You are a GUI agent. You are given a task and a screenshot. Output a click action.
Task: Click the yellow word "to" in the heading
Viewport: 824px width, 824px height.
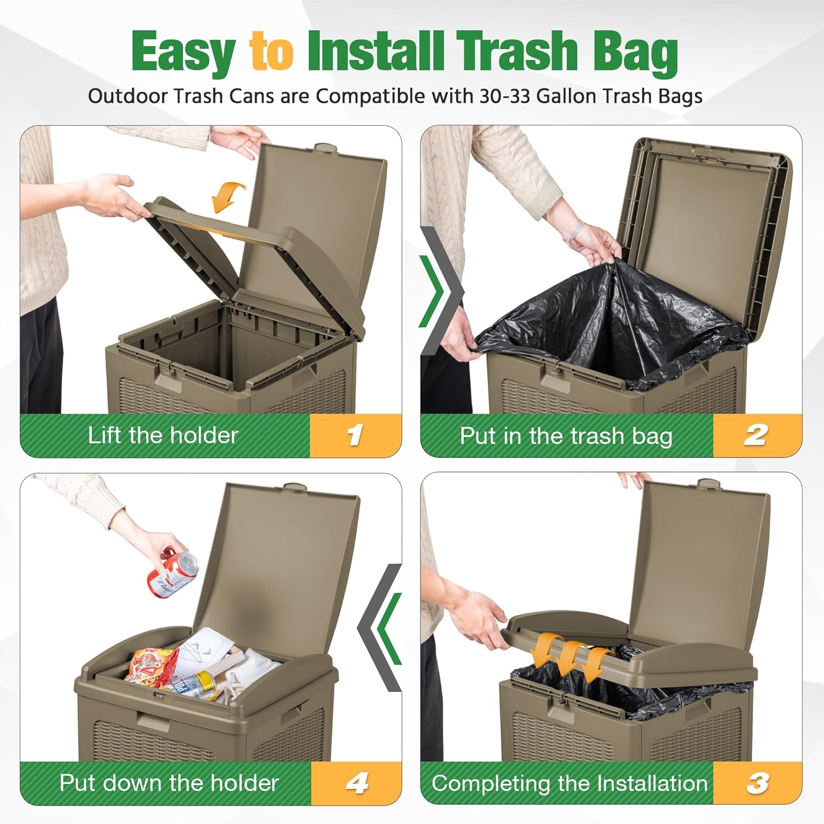(x=271, y=52)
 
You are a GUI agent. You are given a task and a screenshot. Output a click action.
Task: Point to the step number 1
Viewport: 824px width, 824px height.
(x=355, y=435)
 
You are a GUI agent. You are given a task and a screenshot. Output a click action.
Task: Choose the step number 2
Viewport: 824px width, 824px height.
(x=756, y=435)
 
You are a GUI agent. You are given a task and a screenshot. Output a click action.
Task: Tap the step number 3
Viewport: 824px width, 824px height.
(x=758, y=783)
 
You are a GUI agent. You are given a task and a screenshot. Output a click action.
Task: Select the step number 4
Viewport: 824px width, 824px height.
(x=357, y=783)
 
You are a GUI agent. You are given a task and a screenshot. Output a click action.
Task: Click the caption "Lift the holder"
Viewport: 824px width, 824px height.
(x=163, y=435)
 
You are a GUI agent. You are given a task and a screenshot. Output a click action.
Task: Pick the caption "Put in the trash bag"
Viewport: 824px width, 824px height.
(x=566, y=436)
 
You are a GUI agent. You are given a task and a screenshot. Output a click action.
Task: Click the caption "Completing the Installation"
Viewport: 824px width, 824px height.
(x=570, y=783)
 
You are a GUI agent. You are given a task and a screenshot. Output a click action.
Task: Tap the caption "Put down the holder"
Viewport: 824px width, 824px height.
(x=169, y=783)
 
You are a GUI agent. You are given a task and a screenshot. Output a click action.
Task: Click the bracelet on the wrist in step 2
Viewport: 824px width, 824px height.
(x=575, y=230)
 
